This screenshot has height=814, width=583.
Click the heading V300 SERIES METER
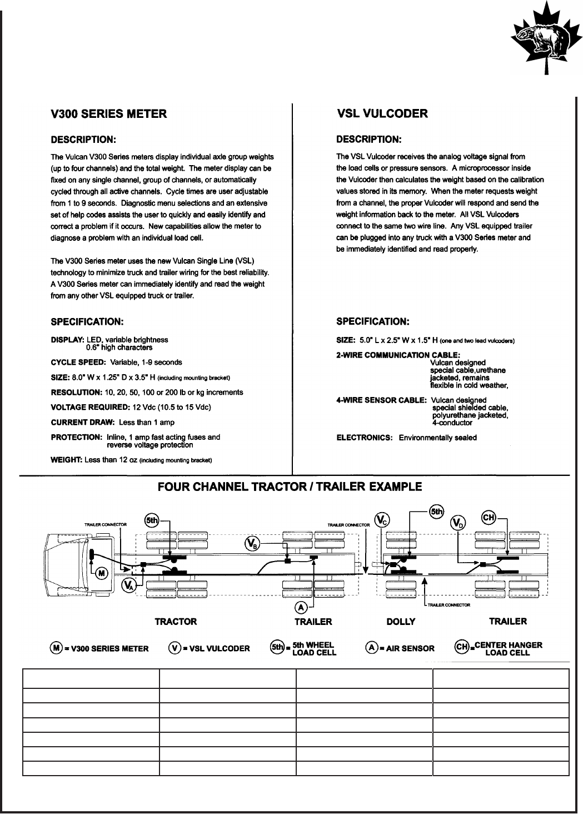pyautogui.click(x=108, y=114)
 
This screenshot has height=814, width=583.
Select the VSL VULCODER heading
pyautogui.click(x=382, y=114)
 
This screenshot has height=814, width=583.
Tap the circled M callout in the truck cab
pyautogui.click(x=102, y=574)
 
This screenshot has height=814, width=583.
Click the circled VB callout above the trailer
pyautogui.click(x=252, y=543)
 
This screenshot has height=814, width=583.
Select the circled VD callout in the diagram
pyautogui.click(x=458, y=523)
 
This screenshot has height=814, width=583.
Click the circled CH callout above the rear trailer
pyautogui.click(x=489, y=518)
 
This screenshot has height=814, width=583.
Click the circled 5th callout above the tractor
pyautogui.click(x=151, y=520)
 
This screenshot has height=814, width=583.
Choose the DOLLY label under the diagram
pyautogui.click(x=401, y=622)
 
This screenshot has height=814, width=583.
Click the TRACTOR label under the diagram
pyautogui.click(x=176, y=622)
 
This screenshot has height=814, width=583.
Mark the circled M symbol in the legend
pyautogui.click(x=55, y=648)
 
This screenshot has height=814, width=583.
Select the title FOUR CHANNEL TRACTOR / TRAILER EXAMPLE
pyautogui.click(x=290, y=487)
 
